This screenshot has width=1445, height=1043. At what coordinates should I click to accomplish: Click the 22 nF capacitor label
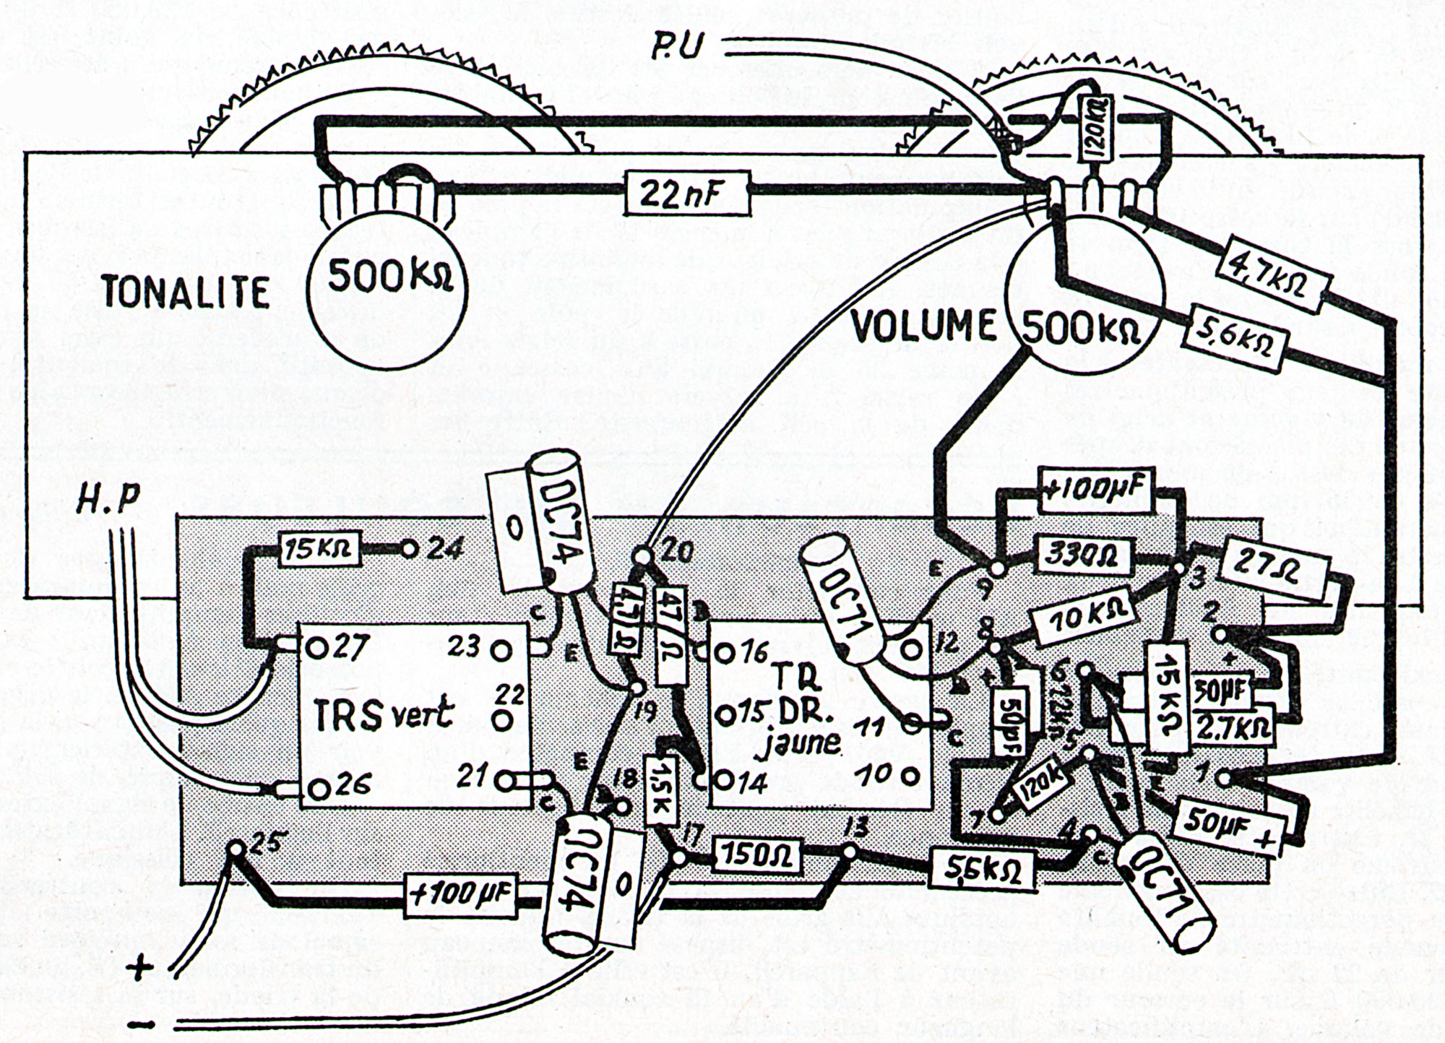(687, 193)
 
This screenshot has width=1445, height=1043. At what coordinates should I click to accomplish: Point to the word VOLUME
(923, 326)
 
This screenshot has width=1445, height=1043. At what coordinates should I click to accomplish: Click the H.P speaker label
(109, 500)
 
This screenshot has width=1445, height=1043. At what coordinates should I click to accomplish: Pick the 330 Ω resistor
(1081, 555)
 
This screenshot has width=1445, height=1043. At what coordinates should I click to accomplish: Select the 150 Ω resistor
(756, 857)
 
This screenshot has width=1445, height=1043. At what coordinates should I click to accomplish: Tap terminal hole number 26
(314, 788)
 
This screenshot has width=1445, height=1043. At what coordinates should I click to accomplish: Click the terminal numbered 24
(409, 550)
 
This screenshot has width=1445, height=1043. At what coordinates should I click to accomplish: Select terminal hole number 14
(723, 780)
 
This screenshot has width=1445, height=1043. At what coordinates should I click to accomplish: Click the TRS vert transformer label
(383, 714)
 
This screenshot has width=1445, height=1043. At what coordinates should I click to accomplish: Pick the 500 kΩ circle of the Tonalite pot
(387, 277)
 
